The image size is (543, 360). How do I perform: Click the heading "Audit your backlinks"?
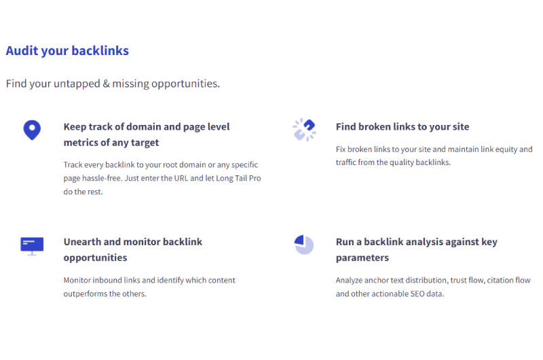pyautogui.click(x=67, y=51)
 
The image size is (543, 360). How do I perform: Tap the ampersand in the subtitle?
pyautogui.click(x=107, y=84)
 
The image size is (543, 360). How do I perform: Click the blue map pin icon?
pyautogui.click(x=32, y=130)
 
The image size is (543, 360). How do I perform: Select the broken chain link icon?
pyautogui.click(x=304, y=130)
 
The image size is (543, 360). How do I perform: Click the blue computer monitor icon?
pyautogui.click(x=32, y=247)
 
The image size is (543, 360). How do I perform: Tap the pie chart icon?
pyautogui.click(x=303, y=245)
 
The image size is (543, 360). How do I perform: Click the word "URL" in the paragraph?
pyautogui.click(x=181, y=178)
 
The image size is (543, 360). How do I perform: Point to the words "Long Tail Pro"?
pyautogui.click(x=238, y=178)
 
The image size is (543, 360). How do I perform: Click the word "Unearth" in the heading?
pyautogui.click(x=82, y=242)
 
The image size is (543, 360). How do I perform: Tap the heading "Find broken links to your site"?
pyautogui.click(x=402, y=127)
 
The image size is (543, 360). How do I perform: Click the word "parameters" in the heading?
pyautogui.click(x=362, y=258)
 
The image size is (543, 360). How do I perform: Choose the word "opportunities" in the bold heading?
pyautogui.click(x=95, y=258)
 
